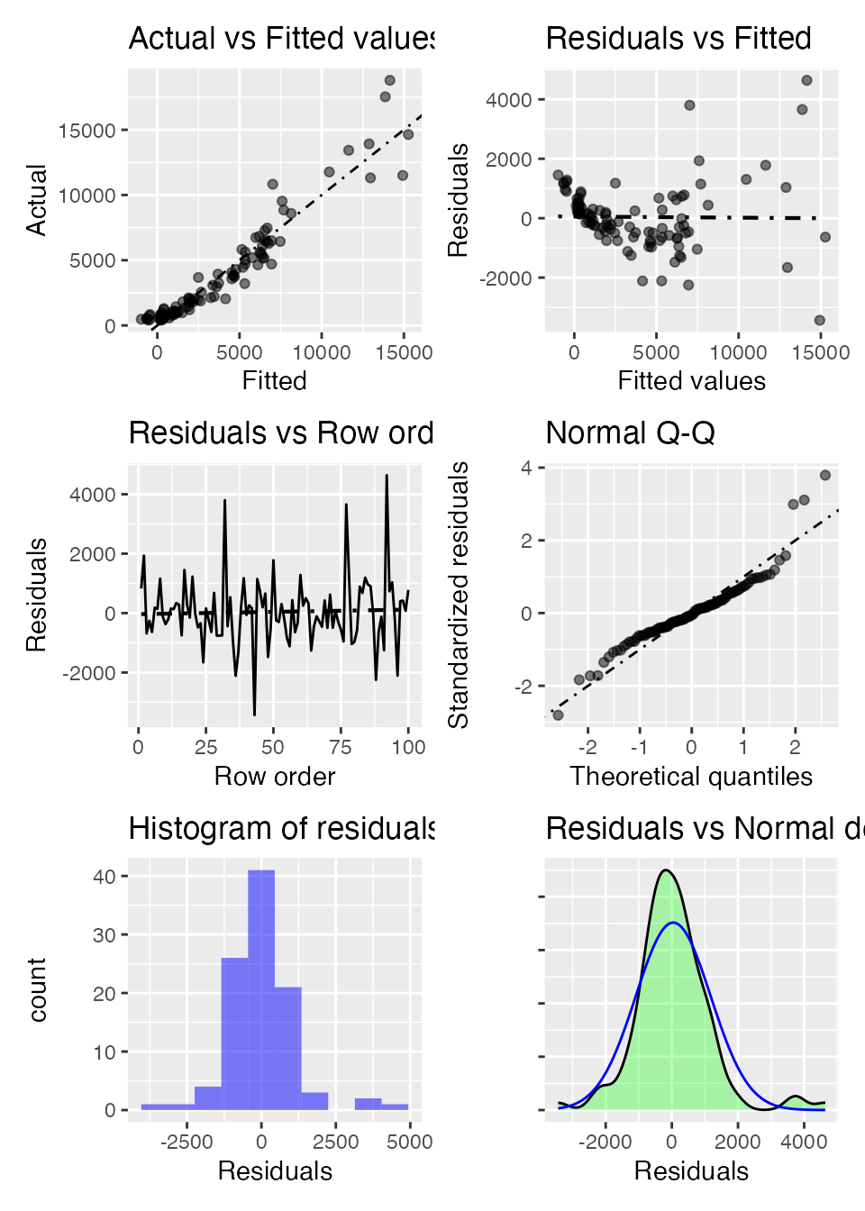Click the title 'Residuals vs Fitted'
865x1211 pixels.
tap(678, 39)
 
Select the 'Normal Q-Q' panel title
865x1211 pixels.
tap(630, 433)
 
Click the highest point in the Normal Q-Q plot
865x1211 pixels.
tap(825, 475)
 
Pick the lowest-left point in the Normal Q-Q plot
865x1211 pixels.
tap(558, 715)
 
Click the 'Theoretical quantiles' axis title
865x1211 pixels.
tap(691, 777)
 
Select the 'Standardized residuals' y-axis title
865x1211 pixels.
tap(459, 595)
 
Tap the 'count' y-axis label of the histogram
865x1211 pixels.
tap(37, 989)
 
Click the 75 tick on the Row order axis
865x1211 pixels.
tap(341, 747)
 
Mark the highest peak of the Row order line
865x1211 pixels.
tap(387, 475)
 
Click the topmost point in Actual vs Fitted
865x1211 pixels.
tap(390, 80)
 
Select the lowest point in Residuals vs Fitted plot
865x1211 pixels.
tap(820, 320)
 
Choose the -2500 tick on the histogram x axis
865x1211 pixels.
tap(187, 1142)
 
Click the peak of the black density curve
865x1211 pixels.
tap(666, 870)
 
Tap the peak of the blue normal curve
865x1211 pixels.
tap(673, 923)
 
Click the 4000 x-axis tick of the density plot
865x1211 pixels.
tap(804, 1142)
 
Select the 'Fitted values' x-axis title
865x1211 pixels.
tap(691, 381)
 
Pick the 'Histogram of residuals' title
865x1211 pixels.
tap(281, 829)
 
